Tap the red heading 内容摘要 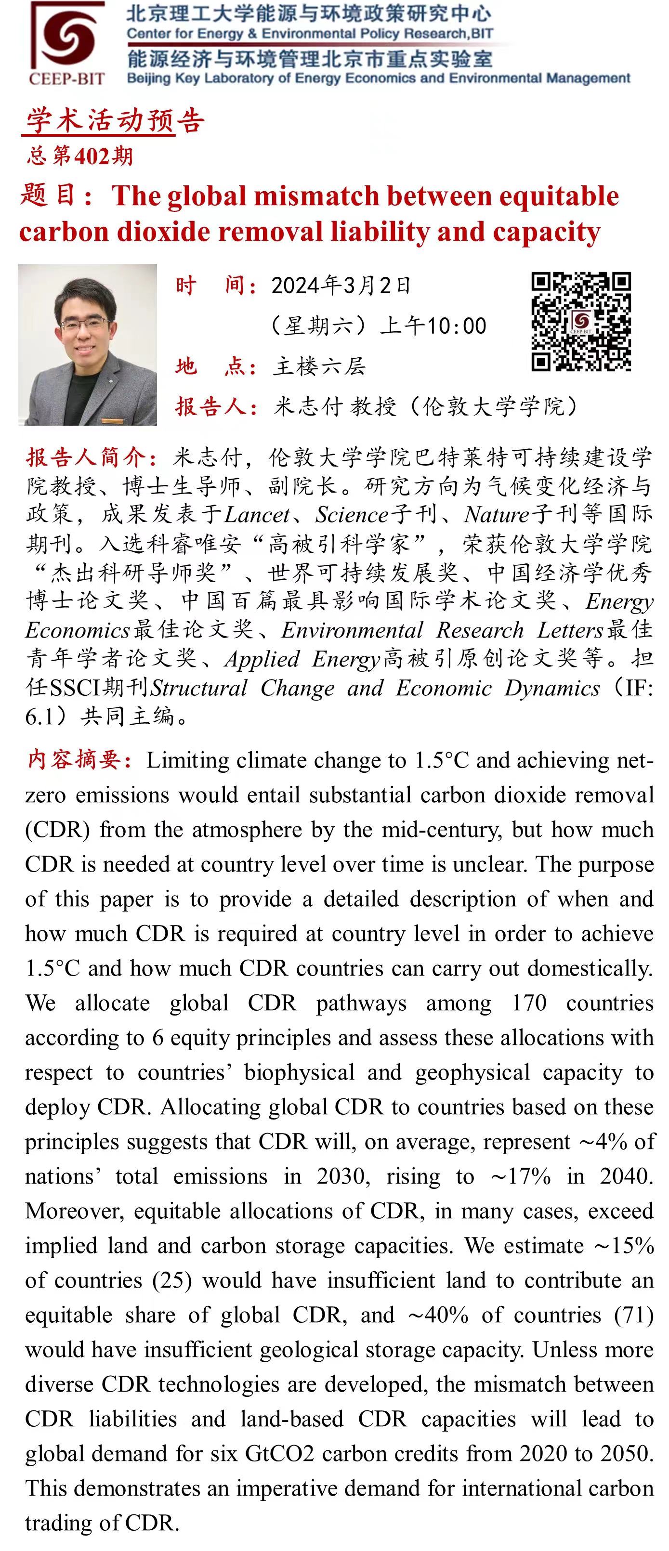79,760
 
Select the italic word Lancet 257,515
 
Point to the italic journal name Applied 262,659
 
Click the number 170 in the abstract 529,1003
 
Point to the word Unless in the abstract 559,1350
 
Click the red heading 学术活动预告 115,121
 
